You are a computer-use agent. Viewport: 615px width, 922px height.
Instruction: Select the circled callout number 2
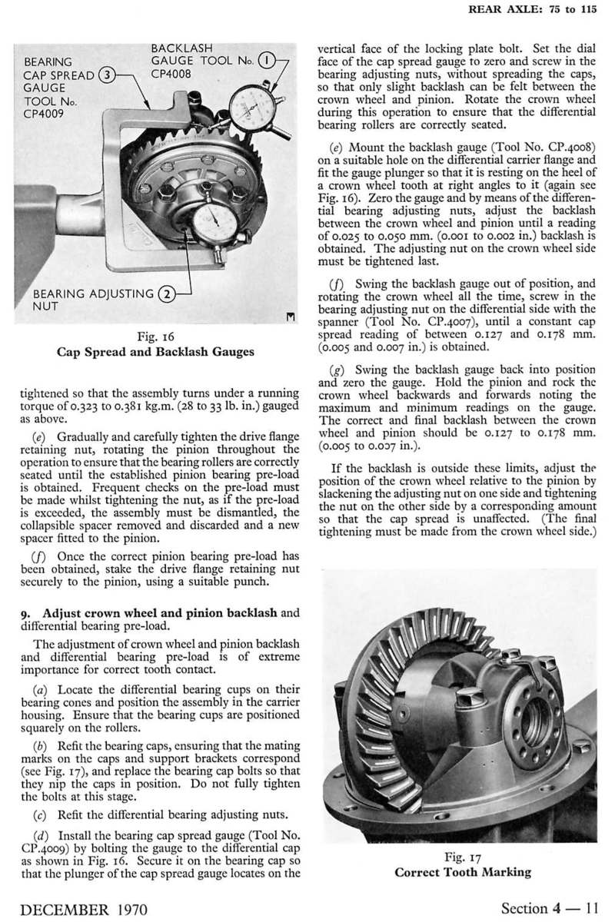(165, 292)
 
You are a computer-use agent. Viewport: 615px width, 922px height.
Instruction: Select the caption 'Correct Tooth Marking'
(463, 871)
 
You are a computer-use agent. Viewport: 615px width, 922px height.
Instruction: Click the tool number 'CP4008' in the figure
(171, 75)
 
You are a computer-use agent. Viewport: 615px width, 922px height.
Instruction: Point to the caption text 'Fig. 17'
(463, 857)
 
